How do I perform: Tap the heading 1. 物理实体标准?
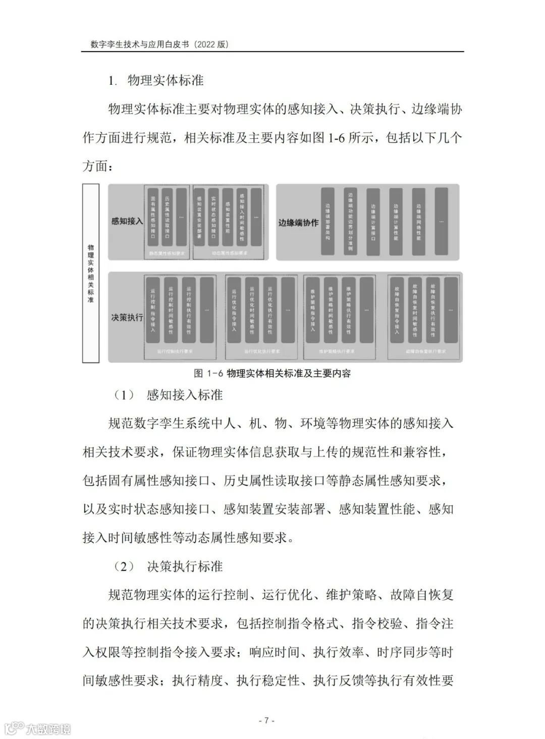[156, 81]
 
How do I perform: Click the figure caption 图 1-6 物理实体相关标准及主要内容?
[272, 374]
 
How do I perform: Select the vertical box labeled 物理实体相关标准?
[91, 273]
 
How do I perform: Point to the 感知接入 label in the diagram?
[127, 221]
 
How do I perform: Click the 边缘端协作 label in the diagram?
[298, 222]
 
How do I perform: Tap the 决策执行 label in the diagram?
[127, 318]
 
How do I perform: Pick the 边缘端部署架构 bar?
[328, 221]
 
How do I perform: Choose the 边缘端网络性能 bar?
[418, 221]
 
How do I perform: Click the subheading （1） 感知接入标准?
[169, 395]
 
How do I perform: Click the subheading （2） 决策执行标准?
[169, 566]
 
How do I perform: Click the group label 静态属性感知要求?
[167, 254]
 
